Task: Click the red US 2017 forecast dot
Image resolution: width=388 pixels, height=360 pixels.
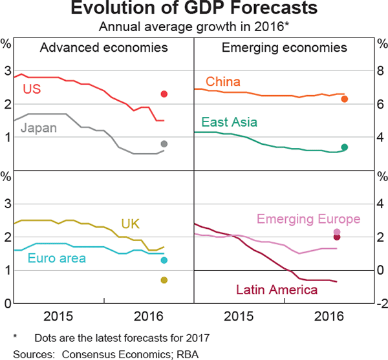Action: tap(164, 94)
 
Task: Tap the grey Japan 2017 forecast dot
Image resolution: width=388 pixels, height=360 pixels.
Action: tap(164, 143)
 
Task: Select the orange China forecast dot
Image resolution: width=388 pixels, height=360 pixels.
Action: tap(345, 99)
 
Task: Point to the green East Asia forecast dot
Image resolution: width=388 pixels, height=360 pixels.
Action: tap(345, 147)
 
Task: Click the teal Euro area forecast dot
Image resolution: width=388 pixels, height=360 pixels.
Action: tap(164, 260)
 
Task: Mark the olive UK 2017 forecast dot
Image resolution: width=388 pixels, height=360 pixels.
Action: tap(164, 280)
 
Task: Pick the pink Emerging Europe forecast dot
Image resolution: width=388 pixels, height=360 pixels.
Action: tap(337, 231)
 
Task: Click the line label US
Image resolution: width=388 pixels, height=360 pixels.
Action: tap(32, 89)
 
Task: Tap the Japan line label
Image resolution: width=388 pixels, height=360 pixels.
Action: tap(38, 127)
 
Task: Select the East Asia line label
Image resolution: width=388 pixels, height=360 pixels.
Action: tap(229, 122)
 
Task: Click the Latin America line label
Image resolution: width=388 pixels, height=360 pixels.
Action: tap(276, 290)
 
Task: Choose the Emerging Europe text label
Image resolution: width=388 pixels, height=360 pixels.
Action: tap(308, 219)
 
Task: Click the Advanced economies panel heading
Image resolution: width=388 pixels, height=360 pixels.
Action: tap(103, 48)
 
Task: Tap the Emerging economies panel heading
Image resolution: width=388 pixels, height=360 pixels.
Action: tap(285, 48)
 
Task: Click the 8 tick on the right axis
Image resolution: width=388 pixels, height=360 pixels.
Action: tap(380, 70)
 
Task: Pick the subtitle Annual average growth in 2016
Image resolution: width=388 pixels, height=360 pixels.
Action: tap(194, 26)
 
